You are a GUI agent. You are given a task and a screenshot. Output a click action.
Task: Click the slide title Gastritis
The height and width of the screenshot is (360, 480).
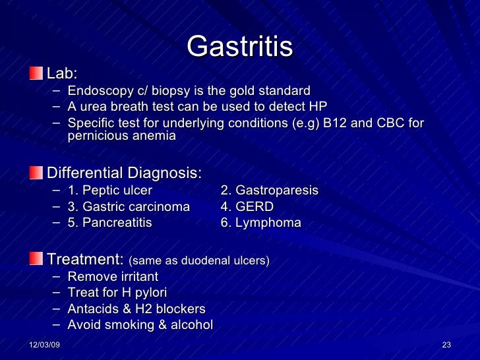click(x=239, y=47)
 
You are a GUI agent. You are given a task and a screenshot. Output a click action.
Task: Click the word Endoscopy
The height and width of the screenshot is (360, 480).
click(x=96, y=91)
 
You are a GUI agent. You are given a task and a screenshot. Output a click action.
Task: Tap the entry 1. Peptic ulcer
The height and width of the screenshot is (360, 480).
click(x=110, y=191)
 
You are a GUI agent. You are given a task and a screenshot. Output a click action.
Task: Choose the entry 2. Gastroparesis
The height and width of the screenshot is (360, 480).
click(x=269, y=191)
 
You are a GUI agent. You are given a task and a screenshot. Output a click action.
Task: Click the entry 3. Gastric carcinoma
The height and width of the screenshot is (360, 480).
click(x=129, y=207)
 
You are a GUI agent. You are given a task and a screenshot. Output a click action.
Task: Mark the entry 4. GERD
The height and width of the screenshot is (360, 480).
click(x=247, y=207)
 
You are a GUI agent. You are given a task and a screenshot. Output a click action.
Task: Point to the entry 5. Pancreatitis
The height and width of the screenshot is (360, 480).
click(x=109, y=223)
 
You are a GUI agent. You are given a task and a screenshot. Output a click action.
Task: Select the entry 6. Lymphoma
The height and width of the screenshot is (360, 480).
click(x=260, y=223)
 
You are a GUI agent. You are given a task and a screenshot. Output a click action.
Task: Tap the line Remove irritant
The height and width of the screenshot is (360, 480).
click(x=113, y=277)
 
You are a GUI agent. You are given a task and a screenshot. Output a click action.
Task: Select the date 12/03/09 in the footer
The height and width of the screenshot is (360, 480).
click(x=44, y=346)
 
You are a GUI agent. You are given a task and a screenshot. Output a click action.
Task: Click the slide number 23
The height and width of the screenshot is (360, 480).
click(x=446, y=346)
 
